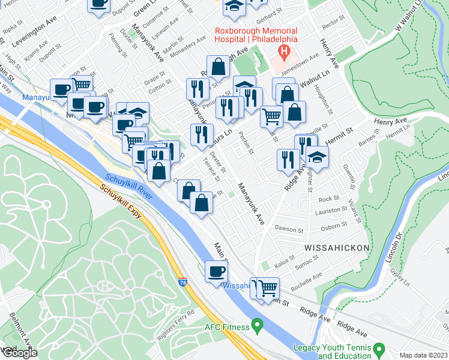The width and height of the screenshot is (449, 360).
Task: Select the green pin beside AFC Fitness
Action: [258, 326]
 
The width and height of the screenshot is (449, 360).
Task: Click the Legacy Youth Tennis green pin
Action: [379, 349]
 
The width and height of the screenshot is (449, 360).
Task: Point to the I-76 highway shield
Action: [182, 281]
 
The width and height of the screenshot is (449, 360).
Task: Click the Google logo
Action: [19, 352]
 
